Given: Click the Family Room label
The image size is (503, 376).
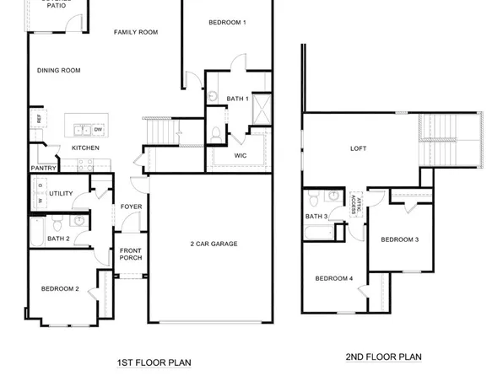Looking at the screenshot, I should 136,32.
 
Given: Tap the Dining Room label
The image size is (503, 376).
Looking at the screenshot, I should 58,71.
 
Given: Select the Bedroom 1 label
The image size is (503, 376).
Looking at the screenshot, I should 227,22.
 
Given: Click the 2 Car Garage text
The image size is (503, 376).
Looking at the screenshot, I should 214,244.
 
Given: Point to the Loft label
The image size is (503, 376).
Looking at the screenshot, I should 359,148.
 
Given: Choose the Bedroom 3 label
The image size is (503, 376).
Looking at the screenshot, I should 399,239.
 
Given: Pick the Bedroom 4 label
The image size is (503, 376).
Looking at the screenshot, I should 334,279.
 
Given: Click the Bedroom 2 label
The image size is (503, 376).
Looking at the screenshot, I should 60,289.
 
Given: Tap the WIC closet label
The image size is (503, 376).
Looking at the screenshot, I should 240,155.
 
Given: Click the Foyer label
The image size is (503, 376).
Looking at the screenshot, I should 131,206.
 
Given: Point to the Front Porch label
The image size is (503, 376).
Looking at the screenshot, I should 130,255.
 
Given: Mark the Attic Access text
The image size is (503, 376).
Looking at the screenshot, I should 355,203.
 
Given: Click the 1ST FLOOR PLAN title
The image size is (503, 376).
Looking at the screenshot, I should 154,363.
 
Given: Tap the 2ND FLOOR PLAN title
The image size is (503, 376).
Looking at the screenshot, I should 385,357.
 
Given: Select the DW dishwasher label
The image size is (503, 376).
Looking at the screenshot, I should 98,129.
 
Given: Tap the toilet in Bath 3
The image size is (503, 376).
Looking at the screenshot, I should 313,199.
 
